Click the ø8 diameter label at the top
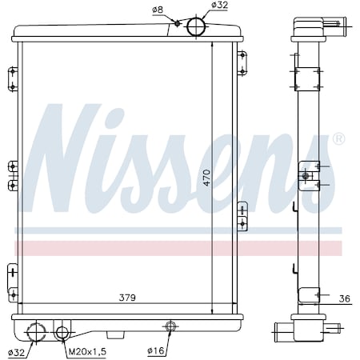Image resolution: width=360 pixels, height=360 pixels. tap(158, 10)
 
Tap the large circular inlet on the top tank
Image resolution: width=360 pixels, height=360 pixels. tap(196, 26)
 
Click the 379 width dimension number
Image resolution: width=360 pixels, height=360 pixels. tap(126, 298)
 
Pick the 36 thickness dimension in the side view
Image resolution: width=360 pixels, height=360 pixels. tap(344, 299)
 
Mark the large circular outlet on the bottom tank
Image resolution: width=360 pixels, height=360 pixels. tap(35, 331)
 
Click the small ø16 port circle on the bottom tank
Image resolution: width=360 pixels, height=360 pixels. tap(170, 326)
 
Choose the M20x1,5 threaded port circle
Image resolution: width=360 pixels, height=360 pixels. tap(63, 332)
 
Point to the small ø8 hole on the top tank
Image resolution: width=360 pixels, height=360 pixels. tap(178, 23)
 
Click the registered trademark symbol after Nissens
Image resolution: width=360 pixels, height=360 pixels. tap(338, 139)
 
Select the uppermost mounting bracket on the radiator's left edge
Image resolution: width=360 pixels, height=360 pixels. tap(12, 79)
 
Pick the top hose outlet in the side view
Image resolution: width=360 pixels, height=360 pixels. tap(334, 24)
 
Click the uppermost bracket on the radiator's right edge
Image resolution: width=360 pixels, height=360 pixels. tap(242, 62)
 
